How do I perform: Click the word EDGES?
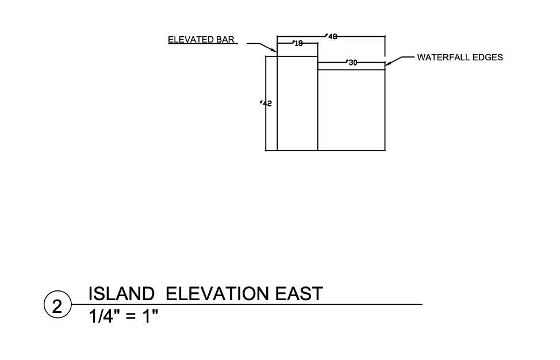[488, 58]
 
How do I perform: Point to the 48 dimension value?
[332, 36]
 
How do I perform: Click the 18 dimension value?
[298, 43]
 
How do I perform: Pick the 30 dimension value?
[352, 63]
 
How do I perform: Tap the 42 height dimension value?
[267, 104]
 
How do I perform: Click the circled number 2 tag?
[57, 306]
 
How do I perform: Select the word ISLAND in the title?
[121, 294]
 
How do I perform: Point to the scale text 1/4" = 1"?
[123, 316]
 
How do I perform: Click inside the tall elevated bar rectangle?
[297, 104]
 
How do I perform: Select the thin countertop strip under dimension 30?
[351, 66]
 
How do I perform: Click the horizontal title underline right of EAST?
[374, 304]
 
